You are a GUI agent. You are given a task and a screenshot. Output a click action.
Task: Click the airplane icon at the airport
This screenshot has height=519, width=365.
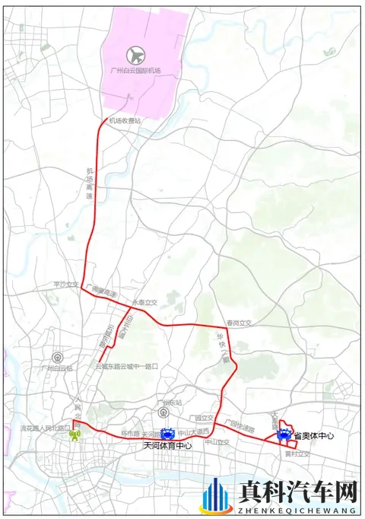(136, 55)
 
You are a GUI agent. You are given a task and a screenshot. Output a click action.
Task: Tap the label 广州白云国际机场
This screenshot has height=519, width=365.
(136, 70)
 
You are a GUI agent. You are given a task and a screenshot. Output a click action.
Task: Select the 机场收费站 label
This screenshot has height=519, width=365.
(125, 120)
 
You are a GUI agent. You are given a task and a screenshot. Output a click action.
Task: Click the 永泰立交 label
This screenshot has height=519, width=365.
(144, 302)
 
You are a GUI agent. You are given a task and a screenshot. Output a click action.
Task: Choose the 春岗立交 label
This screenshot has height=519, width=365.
(237, 323)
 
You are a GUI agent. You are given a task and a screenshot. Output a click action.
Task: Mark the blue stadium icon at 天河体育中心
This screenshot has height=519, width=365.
(168, 435)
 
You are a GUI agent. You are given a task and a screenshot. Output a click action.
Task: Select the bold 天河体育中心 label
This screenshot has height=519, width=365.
(167, 446)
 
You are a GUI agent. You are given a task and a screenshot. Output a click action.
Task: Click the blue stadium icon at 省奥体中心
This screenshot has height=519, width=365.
(284, 436)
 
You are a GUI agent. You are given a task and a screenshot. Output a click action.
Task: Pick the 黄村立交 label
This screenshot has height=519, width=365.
(297, 454)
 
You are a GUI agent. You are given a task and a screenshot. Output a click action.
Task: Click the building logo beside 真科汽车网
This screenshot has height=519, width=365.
(216, 495)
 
